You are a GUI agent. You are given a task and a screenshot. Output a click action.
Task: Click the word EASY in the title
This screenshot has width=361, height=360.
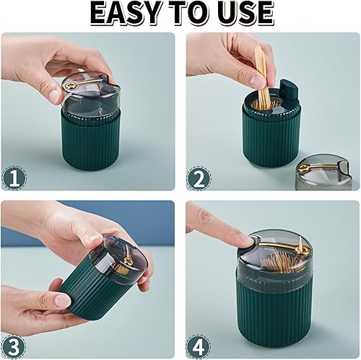coord(126,13)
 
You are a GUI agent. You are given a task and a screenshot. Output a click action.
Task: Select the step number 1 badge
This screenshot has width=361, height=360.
coord(14,179)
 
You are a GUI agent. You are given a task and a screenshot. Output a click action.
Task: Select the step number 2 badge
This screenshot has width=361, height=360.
coord(199,179)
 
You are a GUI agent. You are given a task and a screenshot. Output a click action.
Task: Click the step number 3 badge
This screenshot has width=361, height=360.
coord(14,346)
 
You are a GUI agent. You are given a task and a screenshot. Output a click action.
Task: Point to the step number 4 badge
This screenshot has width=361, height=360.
coord(199,346)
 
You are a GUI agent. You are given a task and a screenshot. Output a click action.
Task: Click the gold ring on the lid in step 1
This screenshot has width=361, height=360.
coord(71,85)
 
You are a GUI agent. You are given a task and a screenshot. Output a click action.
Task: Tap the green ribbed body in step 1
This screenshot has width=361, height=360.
coord(91,142)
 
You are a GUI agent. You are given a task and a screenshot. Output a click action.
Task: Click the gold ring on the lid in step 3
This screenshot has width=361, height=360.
coord(127,260)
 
